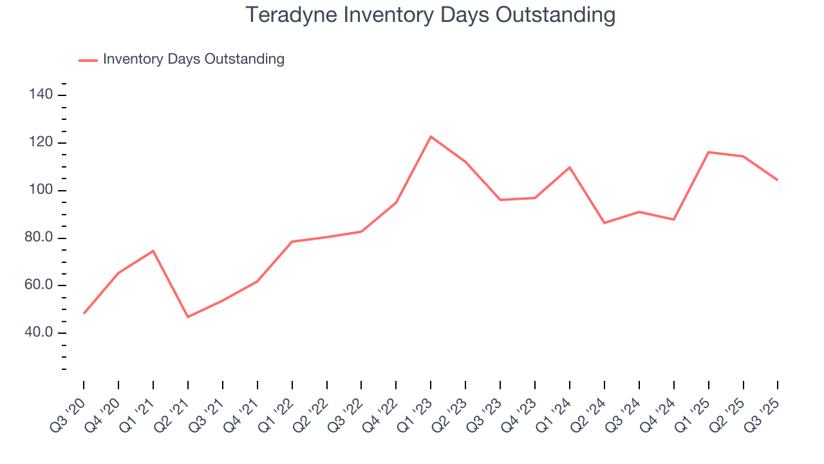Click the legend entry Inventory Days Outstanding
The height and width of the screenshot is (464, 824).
193,59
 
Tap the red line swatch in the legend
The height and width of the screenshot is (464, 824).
88,60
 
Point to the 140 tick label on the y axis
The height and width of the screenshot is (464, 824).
41,95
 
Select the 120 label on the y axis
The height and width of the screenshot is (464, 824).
41,143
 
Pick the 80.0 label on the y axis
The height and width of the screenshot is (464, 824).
39,238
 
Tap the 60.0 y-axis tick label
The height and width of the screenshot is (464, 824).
39,285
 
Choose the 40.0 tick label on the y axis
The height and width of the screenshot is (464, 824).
39,333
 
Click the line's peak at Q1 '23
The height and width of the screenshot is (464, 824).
431,137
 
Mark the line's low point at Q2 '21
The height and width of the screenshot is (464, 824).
188,317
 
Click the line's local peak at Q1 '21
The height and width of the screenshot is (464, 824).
153,251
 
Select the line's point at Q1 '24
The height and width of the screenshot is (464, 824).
570,168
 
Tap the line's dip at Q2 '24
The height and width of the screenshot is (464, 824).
604,223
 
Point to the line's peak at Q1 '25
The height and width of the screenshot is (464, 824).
708,152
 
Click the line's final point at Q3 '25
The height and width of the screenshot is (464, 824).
778,180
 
